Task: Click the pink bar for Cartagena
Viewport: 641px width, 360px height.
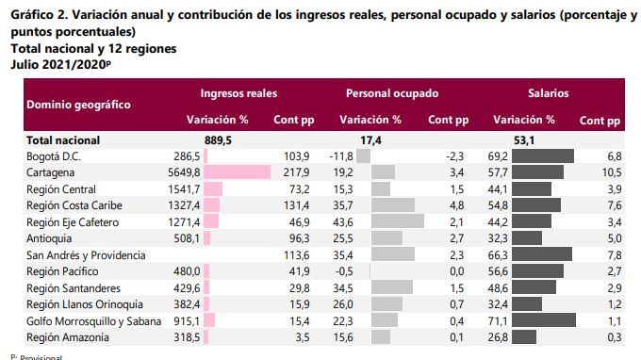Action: point(237,172)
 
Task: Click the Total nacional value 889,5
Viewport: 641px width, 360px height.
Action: point(218,139)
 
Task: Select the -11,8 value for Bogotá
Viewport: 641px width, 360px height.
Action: point(339,155)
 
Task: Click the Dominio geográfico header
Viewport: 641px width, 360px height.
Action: point(78,105)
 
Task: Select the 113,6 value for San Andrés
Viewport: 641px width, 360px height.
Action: point(296,255)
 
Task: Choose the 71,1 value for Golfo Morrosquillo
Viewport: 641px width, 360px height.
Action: point(500,321)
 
